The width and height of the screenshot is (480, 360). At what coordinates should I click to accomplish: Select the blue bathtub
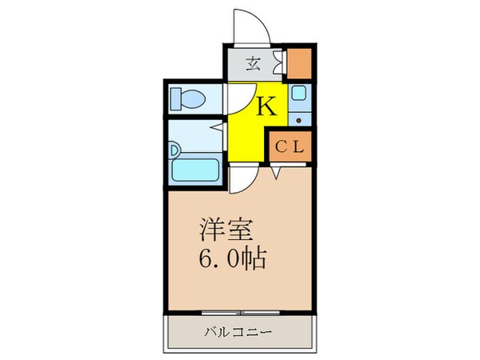(197, 170)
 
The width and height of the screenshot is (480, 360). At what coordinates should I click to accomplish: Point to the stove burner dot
(298, 121)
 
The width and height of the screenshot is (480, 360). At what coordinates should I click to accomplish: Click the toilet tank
(175, 98)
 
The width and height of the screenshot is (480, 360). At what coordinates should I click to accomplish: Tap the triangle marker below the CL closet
(275, 172)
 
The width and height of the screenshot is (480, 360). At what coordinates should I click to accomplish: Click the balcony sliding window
(240, 310)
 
